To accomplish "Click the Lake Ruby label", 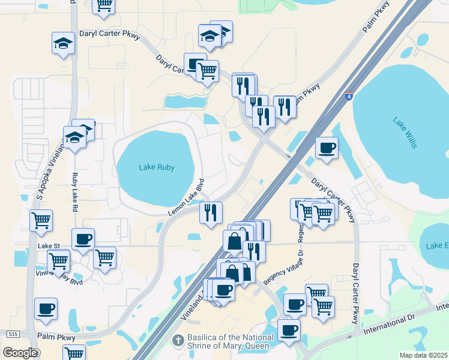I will click(x=157, y=167).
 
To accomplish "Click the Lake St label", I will click(x=49, y=246).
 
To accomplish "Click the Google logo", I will click(x=20, y=353).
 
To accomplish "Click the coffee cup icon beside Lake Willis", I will click(x=327, y=148).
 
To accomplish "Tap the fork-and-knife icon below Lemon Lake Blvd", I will click(x=211, y=212).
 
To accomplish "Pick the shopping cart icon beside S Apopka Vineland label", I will click(x=41, y=220).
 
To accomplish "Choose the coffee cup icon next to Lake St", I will click(x=83, y=239).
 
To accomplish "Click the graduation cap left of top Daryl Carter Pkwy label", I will click(x=62, y=43).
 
